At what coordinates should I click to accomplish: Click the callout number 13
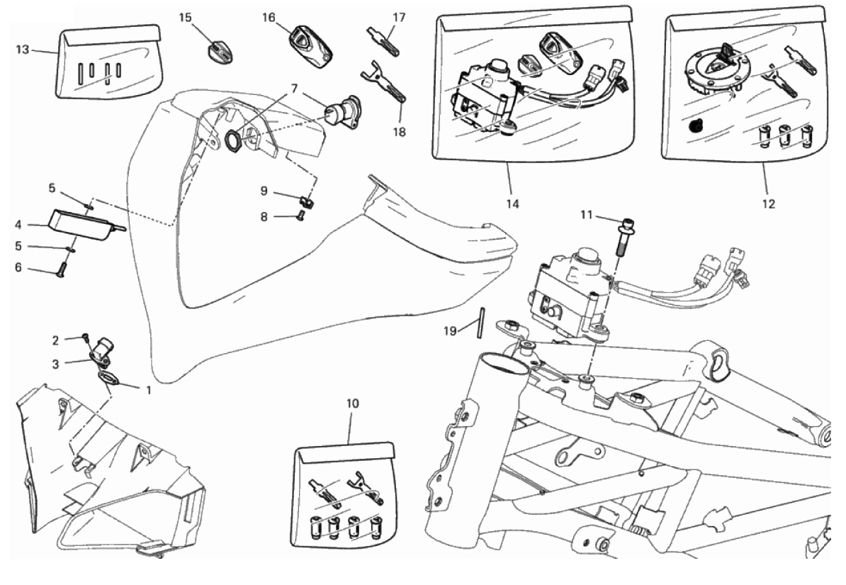pyautogui.click(x=22, y=49)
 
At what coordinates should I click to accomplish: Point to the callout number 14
pyautogui.click(x=512, y=204)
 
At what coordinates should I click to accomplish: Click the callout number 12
pyautogui.click(x=768, y=204)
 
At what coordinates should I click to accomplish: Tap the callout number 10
pyautogui.click(x=352, y=403)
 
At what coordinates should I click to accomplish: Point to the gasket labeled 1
pyautogui.click(x=108, y=380)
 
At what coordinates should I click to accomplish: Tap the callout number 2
pyautogui.click(x=57, y=340)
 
